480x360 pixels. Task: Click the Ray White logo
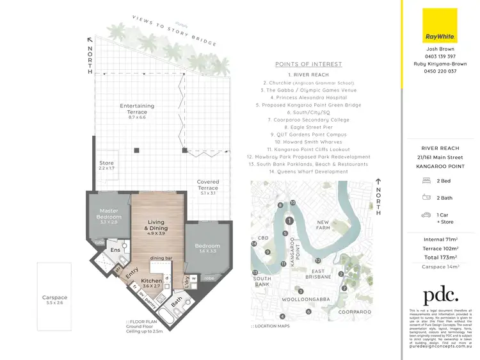pyautogui.click(x=440, y=25)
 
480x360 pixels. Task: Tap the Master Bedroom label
pyautogui.click(x=108, y=215)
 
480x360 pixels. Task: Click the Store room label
pyautogui.click(x=106, y=166)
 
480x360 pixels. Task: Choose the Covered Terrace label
pyautogui.click(x=208, y=185)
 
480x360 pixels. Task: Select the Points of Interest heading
pyautogui.click(x=308, y=64)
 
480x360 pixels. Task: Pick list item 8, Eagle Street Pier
pyautogui.click(x=308, y=127)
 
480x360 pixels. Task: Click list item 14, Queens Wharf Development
pyautogui.click(x=308, y=172)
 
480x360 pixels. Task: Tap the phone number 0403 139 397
pyautogui.click(x=440, y=56)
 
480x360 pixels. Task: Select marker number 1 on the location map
pyautogui.click(x=289, y=221)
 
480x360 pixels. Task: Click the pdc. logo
pyautogui.click(x=440, y=295)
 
